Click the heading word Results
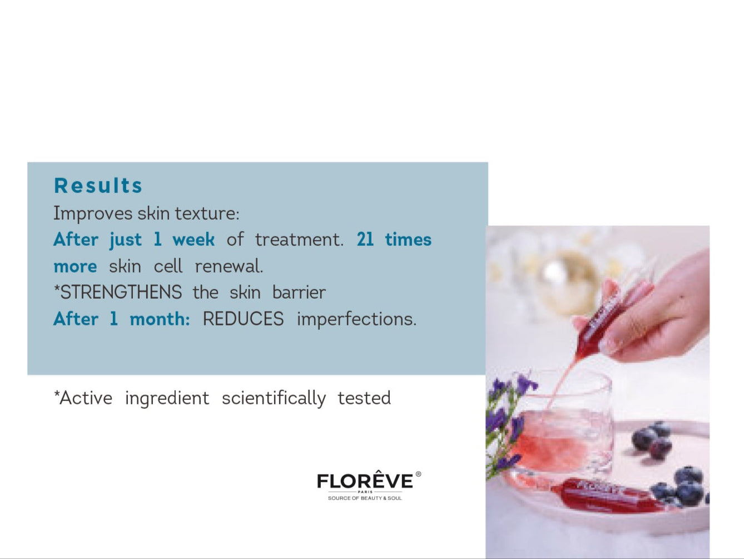coord(98,186)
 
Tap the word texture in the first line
coord(207,214)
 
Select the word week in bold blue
coord(194,239)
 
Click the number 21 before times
coord(365,239)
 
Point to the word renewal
coord(229,266)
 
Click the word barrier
coord(299,292)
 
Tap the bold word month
coord(160,319)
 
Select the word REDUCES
coord(243,319)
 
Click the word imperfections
coord(356,320)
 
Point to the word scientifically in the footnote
coord(274,398)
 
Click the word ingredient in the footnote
coord(167,398)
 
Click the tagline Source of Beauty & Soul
coord(365,498)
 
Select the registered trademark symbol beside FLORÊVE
coord(418,474)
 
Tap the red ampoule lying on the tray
coord(607,496)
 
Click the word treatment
coord(299,239)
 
